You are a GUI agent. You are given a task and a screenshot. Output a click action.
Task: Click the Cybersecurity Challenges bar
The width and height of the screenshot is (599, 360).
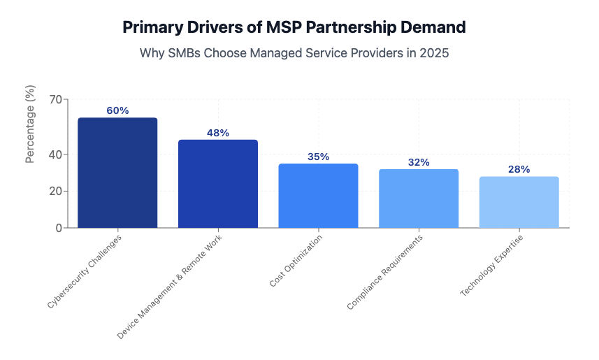click(117, 173)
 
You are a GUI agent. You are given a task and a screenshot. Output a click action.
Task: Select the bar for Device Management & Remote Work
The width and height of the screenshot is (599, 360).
click(218, 184)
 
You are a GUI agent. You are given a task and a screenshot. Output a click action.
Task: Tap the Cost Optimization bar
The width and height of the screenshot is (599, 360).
click(318, 196)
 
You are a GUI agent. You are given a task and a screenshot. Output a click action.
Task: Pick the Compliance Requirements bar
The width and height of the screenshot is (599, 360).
click(419, 199)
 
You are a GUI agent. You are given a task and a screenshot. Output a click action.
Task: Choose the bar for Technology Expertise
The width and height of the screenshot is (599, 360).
click(519, 202)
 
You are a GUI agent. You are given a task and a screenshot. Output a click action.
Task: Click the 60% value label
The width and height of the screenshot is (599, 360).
click(117, 110)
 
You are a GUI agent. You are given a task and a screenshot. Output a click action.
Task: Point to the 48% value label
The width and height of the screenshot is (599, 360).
click(218, 133)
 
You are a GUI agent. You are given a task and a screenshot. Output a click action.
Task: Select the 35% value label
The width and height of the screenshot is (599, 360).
click(318, 157)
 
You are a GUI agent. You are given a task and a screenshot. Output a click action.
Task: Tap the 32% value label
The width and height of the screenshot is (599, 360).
click(419, 162)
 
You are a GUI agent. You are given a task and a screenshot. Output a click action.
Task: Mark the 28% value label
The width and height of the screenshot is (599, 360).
click(519, 169)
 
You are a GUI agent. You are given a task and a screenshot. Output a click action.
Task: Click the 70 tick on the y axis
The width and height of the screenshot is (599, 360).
click(55, 99)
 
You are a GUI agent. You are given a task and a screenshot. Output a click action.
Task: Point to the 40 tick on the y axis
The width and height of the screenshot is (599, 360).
click(55, 154)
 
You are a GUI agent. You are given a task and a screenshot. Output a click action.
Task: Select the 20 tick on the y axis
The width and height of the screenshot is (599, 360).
click(55, 192)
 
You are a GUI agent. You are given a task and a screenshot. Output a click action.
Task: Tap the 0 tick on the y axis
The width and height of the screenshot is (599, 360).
click(58, 228)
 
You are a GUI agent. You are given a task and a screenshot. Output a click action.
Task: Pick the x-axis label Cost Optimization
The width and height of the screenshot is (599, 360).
click(296, 261)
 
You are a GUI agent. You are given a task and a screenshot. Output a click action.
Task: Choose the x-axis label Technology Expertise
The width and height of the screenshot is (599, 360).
click(492, 266)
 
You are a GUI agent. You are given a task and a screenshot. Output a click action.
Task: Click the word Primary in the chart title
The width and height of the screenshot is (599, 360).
click(152, 27)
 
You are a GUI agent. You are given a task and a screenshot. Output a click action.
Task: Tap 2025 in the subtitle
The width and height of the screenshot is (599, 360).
click(433, 53)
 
